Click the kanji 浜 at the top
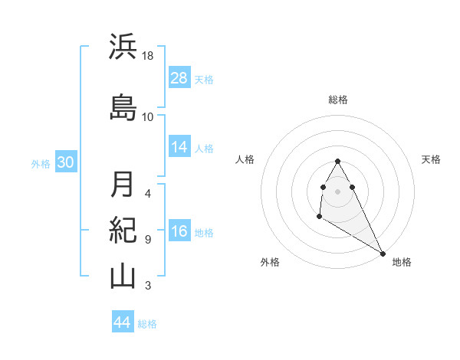[x=123, y=47]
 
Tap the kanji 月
[x=123, y=184]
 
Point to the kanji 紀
[x=123, y=230]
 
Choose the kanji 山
[x=123, y=276]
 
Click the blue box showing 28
[x=179, y=78]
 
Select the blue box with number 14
[x=179, y=147]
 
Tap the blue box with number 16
[x=179, y=231]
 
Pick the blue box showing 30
[x=65, y=162]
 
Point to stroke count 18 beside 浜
[x=149, y=56]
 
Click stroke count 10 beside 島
[x=148, y=117]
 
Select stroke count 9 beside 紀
[x=148, y=240]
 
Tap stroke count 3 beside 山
[x=148, y=286]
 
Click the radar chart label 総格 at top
[x=338, y=100]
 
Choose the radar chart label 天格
[x=432, y=159]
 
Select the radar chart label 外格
[x=270, y=262]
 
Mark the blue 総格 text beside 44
[x=147, y=324]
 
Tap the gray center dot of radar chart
[x=338, y=191]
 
